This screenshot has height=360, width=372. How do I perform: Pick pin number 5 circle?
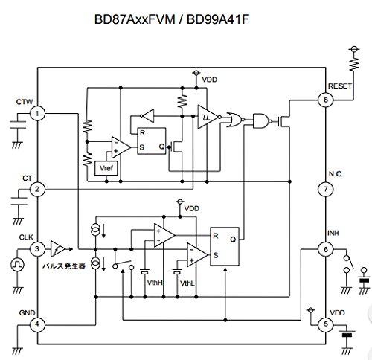324,324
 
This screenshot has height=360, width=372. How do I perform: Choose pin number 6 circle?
324,248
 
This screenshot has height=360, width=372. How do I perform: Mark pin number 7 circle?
324,190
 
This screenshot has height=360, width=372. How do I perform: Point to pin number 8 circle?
324,99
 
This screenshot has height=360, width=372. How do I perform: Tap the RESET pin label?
339,86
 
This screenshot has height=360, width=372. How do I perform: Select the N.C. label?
335,173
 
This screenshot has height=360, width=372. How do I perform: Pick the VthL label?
187,283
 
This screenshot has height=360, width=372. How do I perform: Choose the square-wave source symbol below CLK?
18,263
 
